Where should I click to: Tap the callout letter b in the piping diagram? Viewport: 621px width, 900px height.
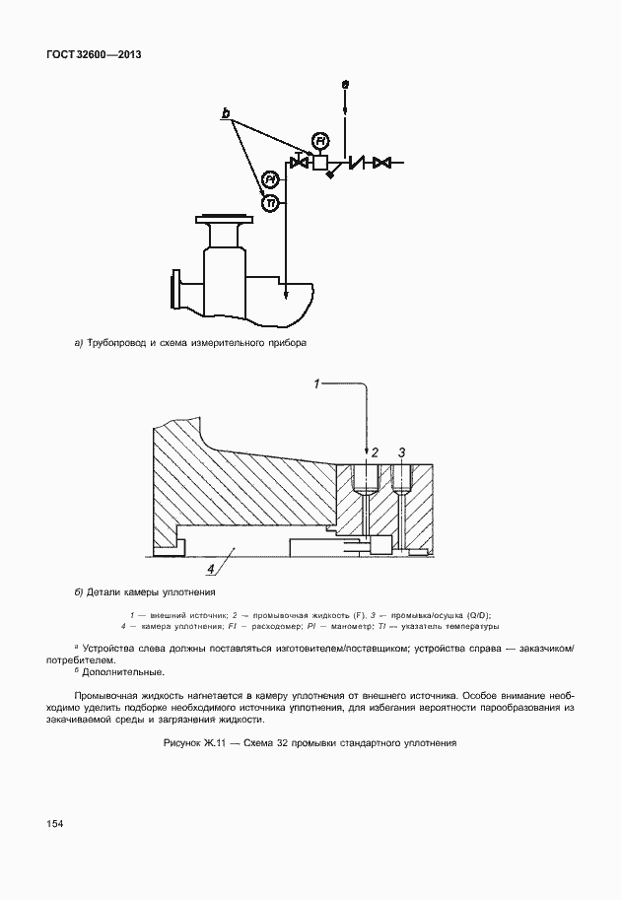[x=226, y=115]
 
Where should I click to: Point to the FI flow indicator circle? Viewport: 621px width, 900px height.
[x=318, y=139]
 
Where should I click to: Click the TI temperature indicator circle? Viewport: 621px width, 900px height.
[x=270, y=202]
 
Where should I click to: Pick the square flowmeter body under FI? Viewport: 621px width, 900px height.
[x=319, y=162]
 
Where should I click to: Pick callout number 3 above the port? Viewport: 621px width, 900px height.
[x=401, y=451]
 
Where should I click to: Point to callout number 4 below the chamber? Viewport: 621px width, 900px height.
[x=210, y=569]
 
